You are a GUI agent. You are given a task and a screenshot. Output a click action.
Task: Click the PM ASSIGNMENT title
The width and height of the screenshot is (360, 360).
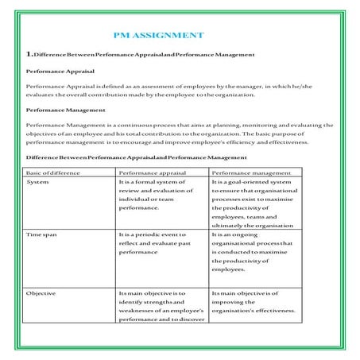coord(159,36)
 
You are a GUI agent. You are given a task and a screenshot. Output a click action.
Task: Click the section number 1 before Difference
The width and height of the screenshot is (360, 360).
coord(29,54)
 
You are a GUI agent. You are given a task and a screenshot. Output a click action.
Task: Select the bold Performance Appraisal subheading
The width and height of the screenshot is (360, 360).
coord(56,71)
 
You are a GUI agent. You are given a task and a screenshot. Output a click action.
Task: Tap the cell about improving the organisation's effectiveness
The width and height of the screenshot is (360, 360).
coord(253,302)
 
